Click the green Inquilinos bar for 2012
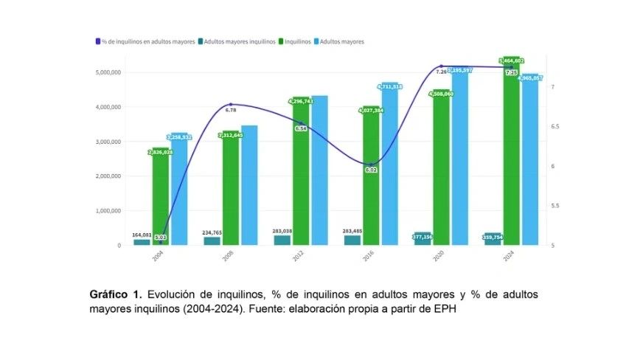pos(301,173)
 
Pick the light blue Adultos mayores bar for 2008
pos(249,185)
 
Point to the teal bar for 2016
pos(352,240)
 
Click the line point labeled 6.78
pos(231,105)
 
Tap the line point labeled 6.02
pos(371,164)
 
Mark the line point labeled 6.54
pos(301,123)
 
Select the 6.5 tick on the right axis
pos(556,127)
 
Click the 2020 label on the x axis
pos(439,256)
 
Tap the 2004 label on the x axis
pos(159,256)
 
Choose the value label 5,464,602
pos(511,60)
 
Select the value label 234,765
pos(212,233)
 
